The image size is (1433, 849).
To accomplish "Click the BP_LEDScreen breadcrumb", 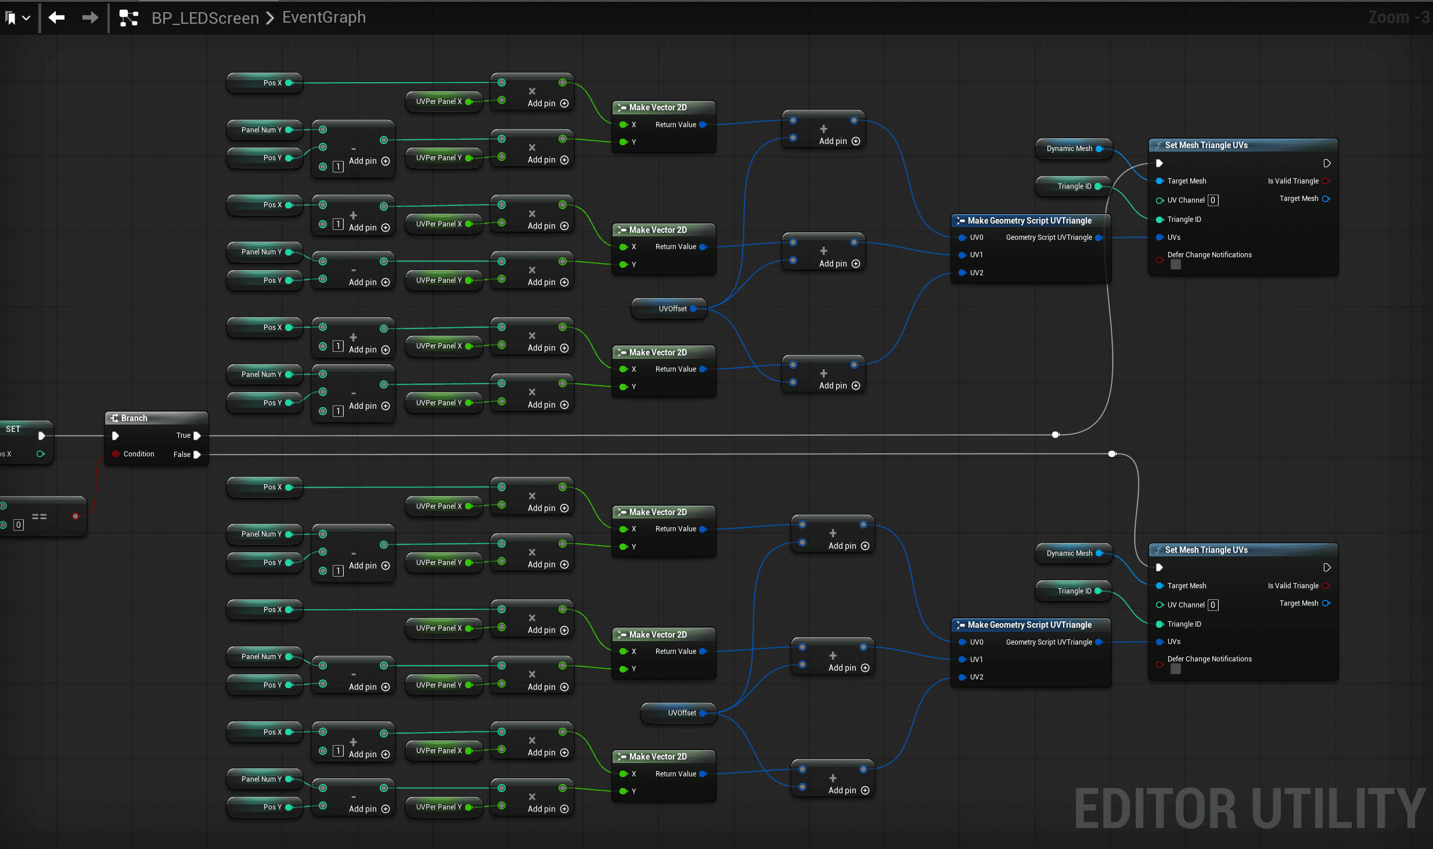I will (205, 18).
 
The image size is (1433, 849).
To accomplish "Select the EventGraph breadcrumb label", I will (323, 17).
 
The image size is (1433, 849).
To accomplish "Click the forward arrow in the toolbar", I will (90, 18).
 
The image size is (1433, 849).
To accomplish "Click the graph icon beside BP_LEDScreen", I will (128, 18).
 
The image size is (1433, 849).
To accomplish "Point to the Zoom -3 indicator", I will (1398, 17).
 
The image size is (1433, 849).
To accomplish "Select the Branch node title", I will (134, 418).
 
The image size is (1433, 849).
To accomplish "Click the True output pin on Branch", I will (197, 436).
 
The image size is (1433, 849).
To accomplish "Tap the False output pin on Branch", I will (197, 455).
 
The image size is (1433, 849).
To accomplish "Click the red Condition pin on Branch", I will (116, 454).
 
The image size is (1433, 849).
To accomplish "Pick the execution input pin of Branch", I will (116, 436).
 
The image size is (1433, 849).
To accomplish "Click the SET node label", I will (13, 429).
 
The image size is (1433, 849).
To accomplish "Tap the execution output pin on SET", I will (41, 436).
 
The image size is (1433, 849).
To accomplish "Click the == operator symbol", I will (39, 516).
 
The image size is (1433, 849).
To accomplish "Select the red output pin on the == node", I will (75, 516).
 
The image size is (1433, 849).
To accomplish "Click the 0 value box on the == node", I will (19, 525).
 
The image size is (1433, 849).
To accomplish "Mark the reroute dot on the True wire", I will (1056, 434).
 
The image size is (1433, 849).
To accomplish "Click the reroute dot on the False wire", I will (1112, 454).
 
